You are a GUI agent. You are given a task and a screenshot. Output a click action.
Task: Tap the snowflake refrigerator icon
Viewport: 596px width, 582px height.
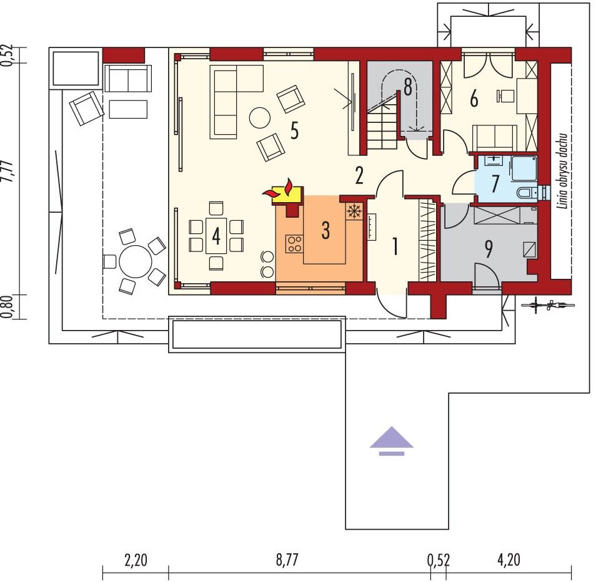tap(354, 211)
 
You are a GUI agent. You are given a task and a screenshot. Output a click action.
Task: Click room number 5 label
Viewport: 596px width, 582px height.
tap(294, 131)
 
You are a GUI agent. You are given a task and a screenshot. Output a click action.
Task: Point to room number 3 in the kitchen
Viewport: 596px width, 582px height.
tap(325, 230)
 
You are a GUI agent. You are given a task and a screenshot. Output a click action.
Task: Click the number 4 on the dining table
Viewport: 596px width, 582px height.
tap(216, 236)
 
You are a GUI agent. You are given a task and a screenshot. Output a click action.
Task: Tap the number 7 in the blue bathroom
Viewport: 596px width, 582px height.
tap(495, 184)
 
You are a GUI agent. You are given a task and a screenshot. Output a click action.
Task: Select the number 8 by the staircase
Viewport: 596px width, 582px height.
tap(408, 88)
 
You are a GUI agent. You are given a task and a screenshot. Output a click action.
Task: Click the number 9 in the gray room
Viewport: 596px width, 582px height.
tap(489, 249)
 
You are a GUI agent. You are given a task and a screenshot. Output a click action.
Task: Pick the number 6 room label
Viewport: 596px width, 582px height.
tap(474, 99)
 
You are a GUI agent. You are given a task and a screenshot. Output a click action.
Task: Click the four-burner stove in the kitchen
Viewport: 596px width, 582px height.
tap(294, 244)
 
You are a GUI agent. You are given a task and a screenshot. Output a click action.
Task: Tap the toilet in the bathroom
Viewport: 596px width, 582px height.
tap(527, 193)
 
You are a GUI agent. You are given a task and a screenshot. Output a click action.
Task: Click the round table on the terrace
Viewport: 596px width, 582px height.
tap(136, 261)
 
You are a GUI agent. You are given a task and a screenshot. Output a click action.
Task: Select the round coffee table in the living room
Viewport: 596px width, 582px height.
tap(260, 118)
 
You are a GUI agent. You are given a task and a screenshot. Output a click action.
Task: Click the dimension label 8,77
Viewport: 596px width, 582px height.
tap(287, 560)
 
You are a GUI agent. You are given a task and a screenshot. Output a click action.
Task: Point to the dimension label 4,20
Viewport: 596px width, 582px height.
tap(508, 560)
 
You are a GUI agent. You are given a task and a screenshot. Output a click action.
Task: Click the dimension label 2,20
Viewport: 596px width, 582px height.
tap(136, 560)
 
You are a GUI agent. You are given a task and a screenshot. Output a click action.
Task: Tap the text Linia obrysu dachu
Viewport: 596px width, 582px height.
tap(563, 171)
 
